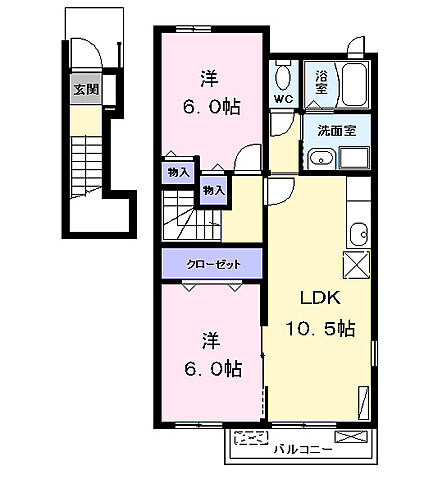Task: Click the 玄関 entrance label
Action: pos(86,89)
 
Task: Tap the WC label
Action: pos(283,99)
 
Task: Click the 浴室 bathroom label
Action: pos(321,82)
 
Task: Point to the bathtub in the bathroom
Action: pos(354,84)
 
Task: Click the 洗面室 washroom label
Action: pos(337,131)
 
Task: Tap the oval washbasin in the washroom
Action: pos(322,159)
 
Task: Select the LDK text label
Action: pos(320,298)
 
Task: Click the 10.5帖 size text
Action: pos(320,328)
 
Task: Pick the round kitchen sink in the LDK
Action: pos(358,233)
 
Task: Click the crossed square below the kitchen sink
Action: pos(357,265)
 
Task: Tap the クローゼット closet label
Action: pos(213,264)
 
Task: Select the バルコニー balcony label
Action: pos(303,450)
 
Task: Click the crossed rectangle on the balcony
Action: pos(351,437)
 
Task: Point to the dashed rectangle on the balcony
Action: pos(251,438)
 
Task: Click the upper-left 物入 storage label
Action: pos(179,173)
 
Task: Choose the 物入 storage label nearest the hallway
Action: pos(214,191)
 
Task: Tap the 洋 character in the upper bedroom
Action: pos(209,79)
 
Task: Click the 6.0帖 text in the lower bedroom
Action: pos(213,369)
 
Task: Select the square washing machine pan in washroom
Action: pos(354,158)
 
